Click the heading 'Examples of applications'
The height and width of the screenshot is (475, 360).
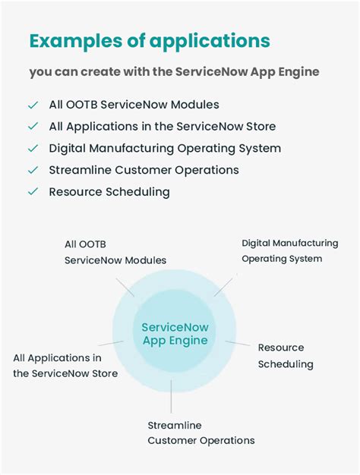150,41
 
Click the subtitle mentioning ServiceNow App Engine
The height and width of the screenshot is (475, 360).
175,72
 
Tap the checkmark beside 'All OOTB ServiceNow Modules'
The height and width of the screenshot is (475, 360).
33,105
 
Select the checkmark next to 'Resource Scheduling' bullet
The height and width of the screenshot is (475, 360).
33,192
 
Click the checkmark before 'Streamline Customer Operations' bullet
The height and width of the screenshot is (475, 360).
33,170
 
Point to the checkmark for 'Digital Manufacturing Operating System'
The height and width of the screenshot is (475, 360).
33,149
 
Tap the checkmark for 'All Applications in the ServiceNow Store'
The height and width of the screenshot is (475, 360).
33,127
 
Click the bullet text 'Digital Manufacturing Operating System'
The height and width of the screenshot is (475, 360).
165,149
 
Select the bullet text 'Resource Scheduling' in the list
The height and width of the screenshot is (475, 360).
109,192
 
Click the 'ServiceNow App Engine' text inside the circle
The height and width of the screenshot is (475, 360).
175,334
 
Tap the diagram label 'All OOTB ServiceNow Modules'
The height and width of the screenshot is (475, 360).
115,252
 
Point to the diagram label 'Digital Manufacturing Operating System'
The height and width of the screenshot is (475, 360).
289,250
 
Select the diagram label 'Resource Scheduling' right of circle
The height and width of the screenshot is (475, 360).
286,356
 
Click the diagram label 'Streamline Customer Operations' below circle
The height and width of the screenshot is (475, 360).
201,433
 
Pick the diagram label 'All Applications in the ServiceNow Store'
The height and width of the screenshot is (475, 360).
65,365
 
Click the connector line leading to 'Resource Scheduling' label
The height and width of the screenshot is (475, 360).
238,344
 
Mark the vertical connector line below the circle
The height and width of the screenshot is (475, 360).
172,396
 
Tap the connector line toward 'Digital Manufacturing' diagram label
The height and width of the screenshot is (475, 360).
225,285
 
